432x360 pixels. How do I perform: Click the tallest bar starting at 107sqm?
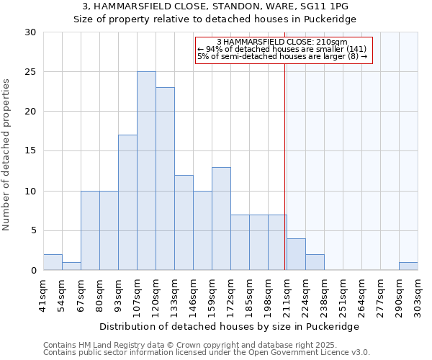[146, 171]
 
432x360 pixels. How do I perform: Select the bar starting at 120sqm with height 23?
[165, 179]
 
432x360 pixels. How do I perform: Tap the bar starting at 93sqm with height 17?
[127, 202]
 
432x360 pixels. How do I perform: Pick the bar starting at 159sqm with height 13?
[221, 218]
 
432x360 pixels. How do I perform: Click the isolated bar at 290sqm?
[408, 266]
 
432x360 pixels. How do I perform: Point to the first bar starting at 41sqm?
[53, 262]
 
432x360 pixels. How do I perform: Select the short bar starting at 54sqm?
[71, 266]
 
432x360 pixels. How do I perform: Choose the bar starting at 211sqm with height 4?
[296, 254]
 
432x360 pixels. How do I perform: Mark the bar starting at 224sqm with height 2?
[315, 262]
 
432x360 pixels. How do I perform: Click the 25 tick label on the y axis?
[30, 72]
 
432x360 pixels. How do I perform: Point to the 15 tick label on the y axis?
[30, 151]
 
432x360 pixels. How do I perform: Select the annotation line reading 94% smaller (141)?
[282, 49]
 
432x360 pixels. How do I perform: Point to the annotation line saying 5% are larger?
[282, 56]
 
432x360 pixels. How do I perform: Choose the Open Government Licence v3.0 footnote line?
[207, 353]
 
